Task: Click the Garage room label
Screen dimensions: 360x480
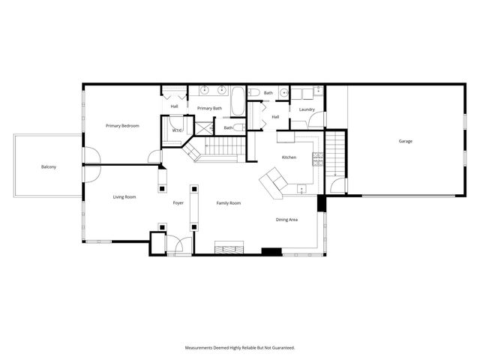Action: pyautogui.click(x=405, y=141)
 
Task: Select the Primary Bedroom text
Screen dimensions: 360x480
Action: pyautogui.click(x=122, y=125)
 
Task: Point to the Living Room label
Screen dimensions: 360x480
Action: pyautogui.click(x=124, y=196)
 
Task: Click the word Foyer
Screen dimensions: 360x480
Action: pyautogui.click(x=178, y=202)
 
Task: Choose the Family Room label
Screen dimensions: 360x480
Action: pyautogui.click(x=229, y=202)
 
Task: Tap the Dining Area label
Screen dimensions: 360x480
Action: pyautogui.click(x=288, y=220)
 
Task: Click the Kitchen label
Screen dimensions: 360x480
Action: pyautogui.click(x=289, y=157)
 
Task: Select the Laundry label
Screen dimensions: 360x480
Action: pyautogui.click(x=307, y=109)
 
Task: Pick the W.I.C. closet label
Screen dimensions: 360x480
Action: pyautogui.click(x=177, y=130)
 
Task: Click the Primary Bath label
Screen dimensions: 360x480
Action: pyautogui.click(x=210, y=108)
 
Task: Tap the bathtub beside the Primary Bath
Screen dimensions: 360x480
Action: pyautogui.click(x=237, y=102)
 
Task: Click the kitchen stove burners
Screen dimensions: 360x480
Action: pyautogui.click(x=317, y=157)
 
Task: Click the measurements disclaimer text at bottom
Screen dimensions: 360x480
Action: pyautogui.click(x=240, y=347)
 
